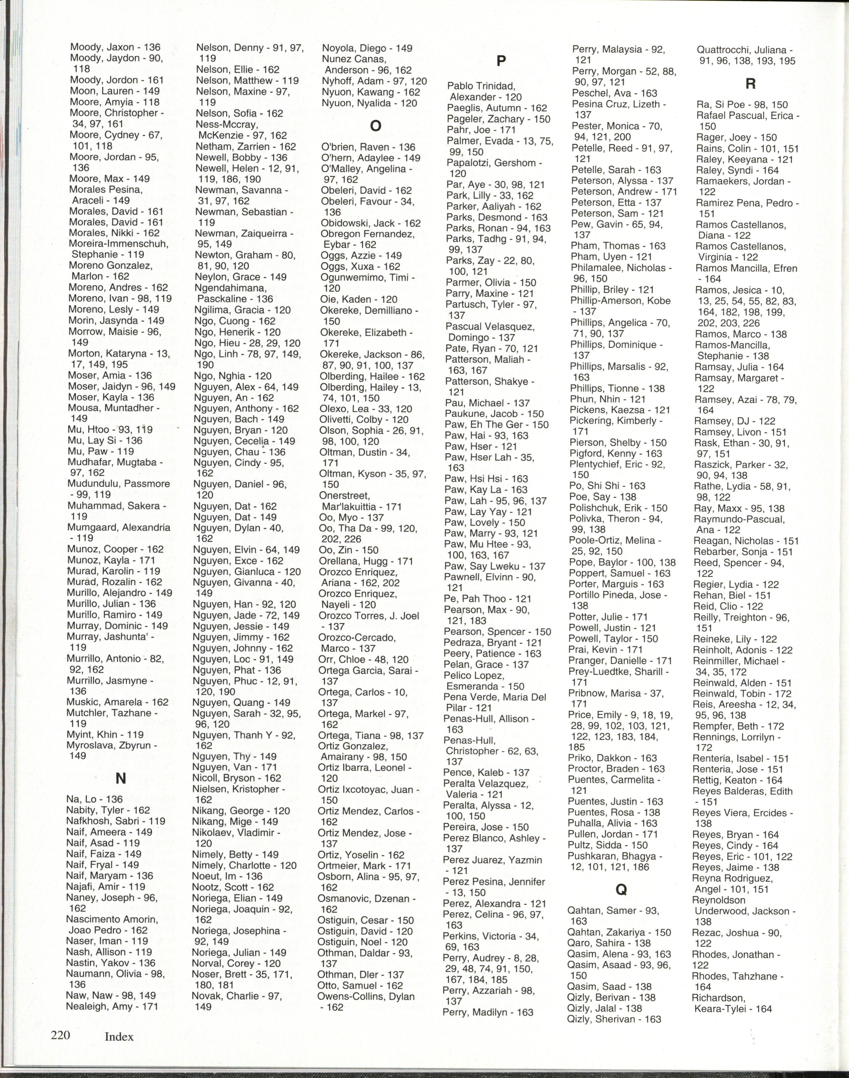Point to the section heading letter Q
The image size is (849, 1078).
621,890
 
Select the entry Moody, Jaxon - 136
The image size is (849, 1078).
115,47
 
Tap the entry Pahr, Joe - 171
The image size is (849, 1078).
481,130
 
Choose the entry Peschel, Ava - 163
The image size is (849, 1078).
614,93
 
